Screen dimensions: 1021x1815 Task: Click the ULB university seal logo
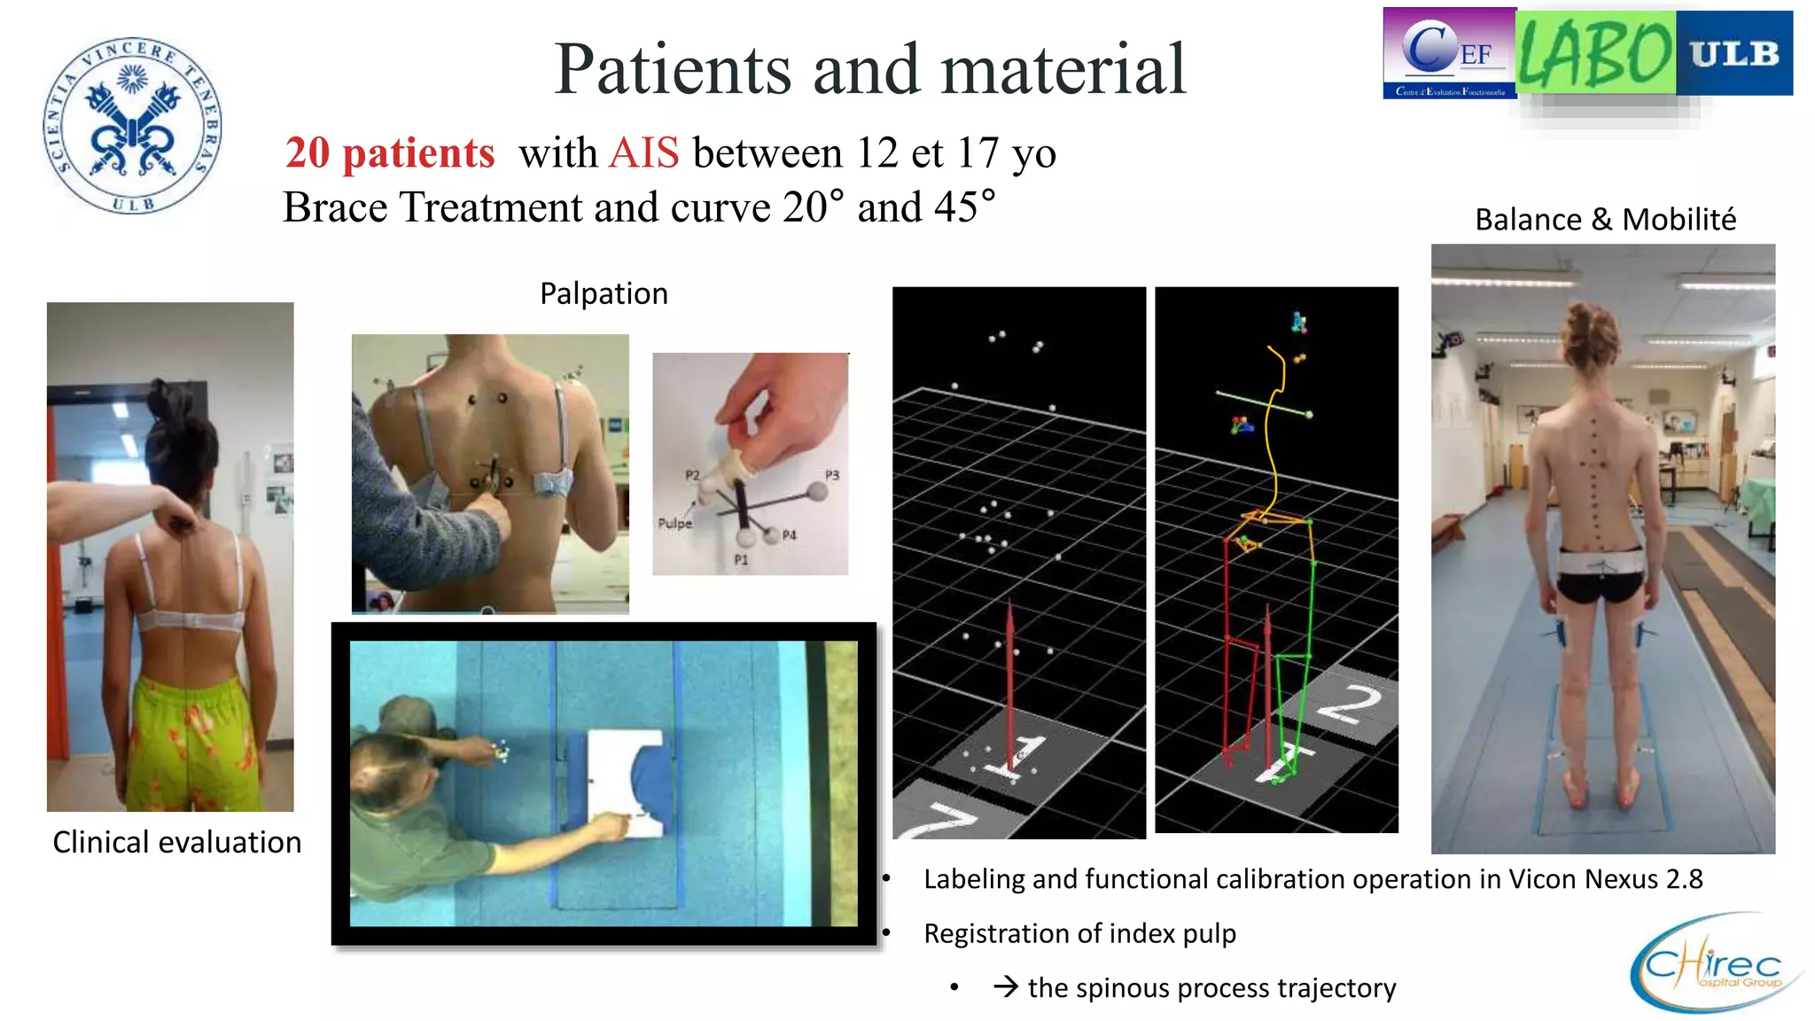pos(133,126)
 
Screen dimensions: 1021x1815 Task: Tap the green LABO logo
pos(1595,53)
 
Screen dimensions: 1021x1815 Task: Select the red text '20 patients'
pos(390,153)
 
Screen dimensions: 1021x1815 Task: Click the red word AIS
pos(644,153)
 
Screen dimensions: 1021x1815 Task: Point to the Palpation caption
pos(604,293)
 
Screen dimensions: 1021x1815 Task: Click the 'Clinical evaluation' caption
pos(176,842)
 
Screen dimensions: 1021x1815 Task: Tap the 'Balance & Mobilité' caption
pos(1605,219)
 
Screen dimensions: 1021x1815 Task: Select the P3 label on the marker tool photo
pos(831,475)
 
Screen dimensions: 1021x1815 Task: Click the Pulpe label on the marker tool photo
pos(674,524)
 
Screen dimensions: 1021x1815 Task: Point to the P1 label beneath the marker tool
pos(741,560)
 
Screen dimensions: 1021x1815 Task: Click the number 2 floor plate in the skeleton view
pos(1349,705)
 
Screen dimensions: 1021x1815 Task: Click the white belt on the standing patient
pos(1601,563)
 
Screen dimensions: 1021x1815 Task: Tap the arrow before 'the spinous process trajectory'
pos(1005,987)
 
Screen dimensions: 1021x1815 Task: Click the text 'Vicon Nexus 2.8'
pos(1605,879)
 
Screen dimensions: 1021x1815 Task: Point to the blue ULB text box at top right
pos(1734,53)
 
